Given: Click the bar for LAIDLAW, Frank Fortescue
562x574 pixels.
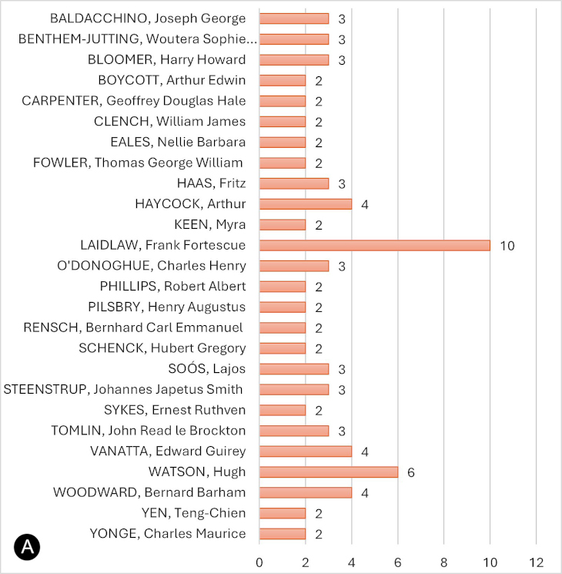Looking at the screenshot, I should click(374, 245).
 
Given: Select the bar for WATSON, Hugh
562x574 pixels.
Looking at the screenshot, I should click(329, 472).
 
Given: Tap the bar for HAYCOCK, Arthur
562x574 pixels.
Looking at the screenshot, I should click(306, 203).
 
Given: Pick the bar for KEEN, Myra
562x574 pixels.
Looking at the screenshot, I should click(283, 224).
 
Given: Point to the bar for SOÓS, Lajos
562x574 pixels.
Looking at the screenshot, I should click(294, 368).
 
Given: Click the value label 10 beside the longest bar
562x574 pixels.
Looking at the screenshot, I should click(506, 245).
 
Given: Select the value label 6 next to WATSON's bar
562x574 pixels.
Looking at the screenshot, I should click(411, 472).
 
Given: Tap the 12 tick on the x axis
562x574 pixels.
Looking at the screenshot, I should click(536, 559).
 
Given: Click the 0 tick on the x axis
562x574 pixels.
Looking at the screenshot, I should click(259, 559).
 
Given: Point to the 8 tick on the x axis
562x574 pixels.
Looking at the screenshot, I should click(443, 559).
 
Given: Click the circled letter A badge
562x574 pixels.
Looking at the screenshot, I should click(26, 548).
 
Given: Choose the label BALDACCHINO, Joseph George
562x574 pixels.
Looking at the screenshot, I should click(148, 18).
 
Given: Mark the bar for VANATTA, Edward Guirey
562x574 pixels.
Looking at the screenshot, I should click(306, 451).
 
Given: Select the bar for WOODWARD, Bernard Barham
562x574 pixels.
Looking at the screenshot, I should click(306, 492).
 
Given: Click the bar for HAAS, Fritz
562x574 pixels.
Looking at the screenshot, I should click(294, 183).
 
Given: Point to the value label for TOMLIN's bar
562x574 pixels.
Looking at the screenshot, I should click(342, 431).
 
